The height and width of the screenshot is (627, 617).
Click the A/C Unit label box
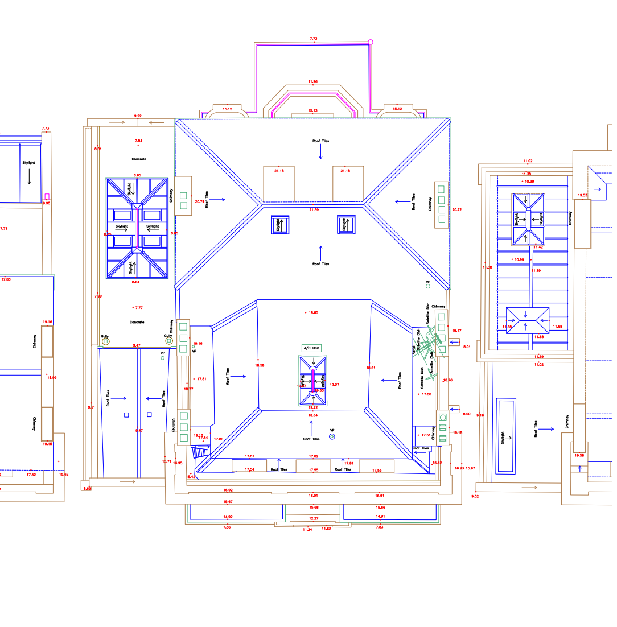[x=312, y=348]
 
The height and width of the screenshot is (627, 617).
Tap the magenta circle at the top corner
[x=371, y=42]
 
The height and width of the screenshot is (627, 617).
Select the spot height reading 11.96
[x=312, y=81]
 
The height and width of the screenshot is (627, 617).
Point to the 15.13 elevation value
[x=312, y=110]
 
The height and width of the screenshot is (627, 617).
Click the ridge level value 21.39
[x=314, y=210]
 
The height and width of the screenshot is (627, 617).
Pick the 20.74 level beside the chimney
[x=199, y=201]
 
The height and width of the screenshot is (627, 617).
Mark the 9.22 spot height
[x=138, y=116]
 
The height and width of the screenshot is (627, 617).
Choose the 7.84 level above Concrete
[x=138, y=141]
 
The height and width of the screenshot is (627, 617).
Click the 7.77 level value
[x=138, y=307]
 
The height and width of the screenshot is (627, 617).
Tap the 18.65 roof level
[x=313, y=312]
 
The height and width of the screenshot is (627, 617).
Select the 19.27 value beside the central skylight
[x=335, y=385]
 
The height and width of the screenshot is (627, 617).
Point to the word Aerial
[x=414, y=351]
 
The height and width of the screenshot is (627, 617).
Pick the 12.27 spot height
[x=314, y=518]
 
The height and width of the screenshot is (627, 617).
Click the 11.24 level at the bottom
[x=307, y=529]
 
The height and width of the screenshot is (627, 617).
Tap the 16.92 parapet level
[x=228, y=490]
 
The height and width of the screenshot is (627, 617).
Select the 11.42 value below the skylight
[x=538, y=247]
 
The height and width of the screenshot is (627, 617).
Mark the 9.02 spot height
[x=475, y=496]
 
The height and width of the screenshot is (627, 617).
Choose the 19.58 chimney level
[x=579, y=455]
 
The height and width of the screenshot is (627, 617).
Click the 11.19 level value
[x=536, y=271]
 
